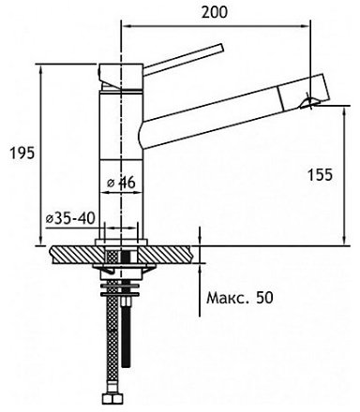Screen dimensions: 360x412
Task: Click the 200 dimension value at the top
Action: (x=215, y=12)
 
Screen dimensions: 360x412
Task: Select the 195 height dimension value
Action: (x=22, y=154)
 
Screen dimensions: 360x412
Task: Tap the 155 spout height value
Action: (x=321, y=175)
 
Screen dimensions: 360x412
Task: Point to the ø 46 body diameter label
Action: (x=121, y=183)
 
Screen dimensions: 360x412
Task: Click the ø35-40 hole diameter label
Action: (x=70, y=219)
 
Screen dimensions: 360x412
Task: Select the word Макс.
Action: (x=229, y=298)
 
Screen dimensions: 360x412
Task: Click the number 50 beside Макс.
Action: (x=264, y=298)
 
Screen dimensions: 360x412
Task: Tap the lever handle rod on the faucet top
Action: (x=184, y=58)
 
